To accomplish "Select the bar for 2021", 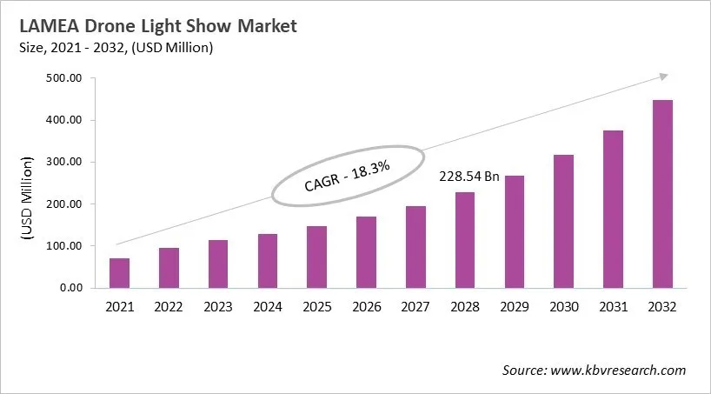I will [x=119, y=273].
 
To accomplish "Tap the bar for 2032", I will [x=662, y=194].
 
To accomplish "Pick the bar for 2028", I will [x=465, y=240].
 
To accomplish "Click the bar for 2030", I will [x=563, y=221].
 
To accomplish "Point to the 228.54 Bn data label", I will [x=468, y=177].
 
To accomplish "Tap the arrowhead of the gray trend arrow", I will [x=662, y=77].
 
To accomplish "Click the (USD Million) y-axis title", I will [x=27, y=198].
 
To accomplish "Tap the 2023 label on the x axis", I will [x=218, y=307].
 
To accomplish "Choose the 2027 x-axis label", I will [x=415, y=307].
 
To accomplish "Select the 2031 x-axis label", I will [x=613, y=307].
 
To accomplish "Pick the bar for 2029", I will [x=515, y=231].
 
